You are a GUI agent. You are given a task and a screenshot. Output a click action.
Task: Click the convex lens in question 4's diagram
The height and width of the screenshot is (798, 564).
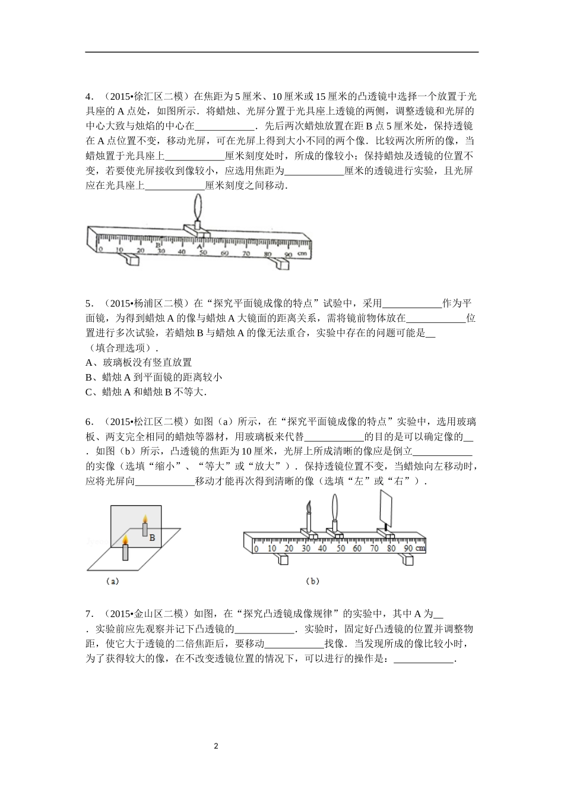click(x=198, y=208)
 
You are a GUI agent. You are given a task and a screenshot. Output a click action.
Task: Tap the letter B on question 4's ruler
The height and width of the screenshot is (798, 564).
click(x=158, y=244)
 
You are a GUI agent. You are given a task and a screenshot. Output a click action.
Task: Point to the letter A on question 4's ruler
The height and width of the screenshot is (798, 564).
click(x=199, y=245)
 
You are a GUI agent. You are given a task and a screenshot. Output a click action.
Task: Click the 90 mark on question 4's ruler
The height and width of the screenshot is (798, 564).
click(x=288, y=254)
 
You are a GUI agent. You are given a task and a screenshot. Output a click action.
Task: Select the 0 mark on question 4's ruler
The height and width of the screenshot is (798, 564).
click(x=100, y=250)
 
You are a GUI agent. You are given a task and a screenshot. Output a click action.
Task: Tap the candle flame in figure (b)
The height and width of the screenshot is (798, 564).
click(x=308, y=506)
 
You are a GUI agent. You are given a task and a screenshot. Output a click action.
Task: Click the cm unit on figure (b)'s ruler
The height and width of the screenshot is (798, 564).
click(x=421, y=547)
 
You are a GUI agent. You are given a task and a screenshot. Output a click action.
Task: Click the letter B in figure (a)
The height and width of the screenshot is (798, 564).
click(x=152, y=537)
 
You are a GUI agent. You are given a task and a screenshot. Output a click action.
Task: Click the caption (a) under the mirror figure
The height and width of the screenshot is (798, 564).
click(x=112, y=581)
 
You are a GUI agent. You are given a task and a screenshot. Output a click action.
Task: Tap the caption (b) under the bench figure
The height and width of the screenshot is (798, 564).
click(x=312, y=581)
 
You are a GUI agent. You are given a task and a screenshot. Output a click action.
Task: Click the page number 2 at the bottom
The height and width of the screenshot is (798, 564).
click(x=217, y=746)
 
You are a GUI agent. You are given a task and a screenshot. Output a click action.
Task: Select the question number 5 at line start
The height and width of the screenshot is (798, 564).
click(x=88, y=303)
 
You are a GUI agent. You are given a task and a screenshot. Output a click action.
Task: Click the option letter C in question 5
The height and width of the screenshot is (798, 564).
click(x=89, y=392)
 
